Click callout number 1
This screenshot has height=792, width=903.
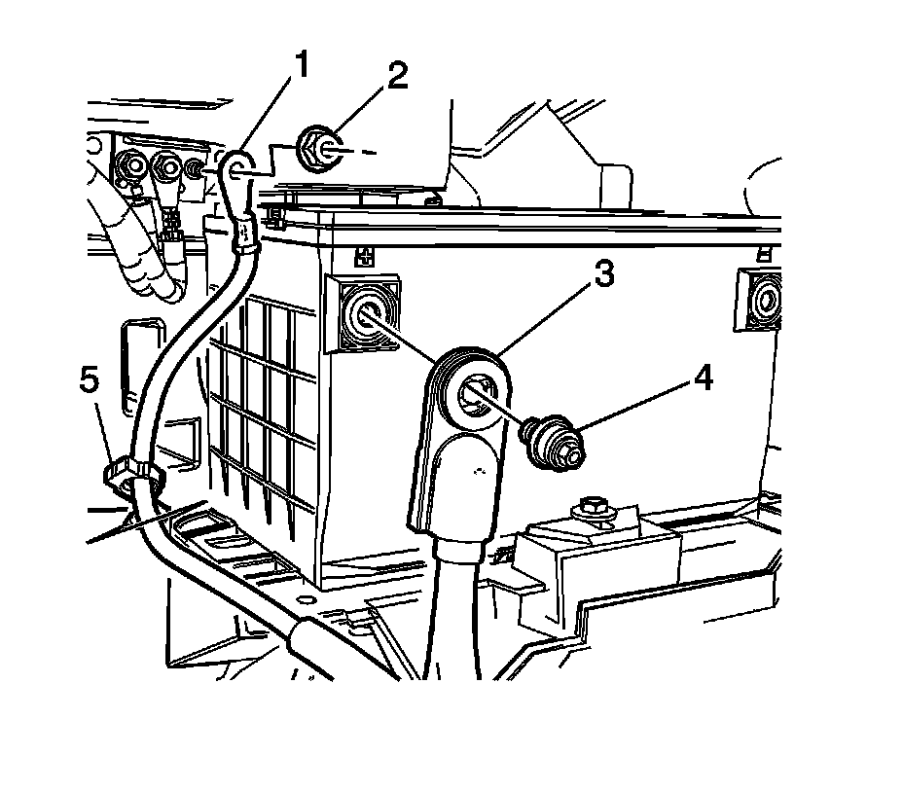pyautogui.click(x=303, y=65)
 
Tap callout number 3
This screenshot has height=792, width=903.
pyautogui.click(x=603, y=275)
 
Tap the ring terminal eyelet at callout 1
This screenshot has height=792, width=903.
pyautogui.click(x=233, y=167)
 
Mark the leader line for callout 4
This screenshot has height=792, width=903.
pyautogui.click(x=632, y=404)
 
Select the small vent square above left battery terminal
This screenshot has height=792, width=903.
pyautogui.click(x=366, y=256)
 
